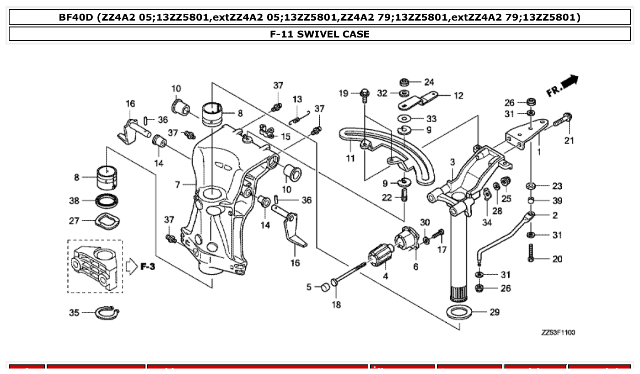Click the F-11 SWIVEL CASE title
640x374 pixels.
[320, 34]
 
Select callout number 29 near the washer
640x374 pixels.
[494, 312]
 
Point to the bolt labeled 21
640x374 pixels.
[562, 120]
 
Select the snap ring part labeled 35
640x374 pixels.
[108, 313]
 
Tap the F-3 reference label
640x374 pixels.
[147, 267]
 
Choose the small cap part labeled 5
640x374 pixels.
[324, 287]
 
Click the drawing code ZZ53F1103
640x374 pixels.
[558, 332]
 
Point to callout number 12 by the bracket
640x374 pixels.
[458, 96]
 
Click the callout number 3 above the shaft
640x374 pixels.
[452, 162]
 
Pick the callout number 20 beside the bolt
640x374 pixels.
[557, 259]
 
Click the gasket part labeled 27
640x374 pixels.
[108, 222]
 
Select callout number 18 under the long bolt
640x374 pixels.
[336, 305]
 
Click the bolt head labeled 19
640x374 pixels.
[365, 94]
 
